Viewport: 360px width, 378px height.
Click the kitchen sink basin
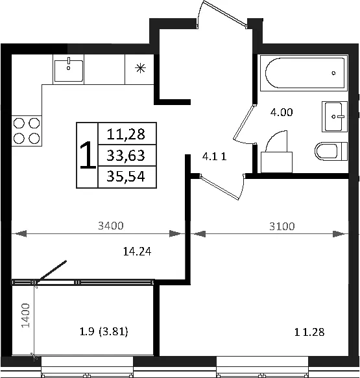coord(69,71)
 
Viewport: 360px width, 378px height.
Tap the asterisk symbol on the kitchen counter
coord(140,69)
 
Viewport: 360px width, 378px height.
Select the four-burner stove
coord(27,131)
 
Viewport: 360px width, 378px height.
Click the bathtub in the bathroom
coord(304,73)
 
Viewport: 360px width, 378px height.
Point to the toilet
coord(331,151)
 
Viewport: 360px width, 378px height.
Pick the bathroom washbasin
coord(335,117)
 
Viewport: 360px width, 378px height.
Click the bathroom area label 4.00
coord(282,112)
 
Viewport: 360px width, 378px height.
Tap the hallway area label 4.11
coord(214,157)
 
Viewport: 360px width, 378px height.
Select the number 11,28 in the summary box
coord(126,134)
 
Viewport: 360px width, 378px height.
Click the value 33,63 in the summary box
coord(126,155)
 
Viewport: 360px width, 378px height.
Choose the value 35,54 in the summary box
coord(126,176)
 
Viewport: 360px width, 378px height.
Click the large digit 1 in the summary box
coord(88,155)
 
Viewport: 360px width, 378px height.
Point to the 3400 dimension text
coord(111,226)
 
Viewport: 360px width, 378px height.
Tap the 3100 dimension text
coord(282,226)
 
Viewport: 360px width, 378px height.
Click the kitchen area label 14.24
coord(138,252)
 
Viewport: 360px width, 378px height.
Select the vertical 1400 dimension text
coord(25,315)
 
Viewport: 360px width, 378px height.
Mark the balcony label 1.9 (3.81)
coord(104,332)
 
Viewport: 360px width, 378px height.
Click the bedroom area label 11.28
coord(309,332)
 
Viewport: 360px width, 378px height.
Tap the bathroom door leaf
coord(244,123)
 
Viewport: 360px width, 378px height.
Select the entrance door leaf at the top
coord(225,13)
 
